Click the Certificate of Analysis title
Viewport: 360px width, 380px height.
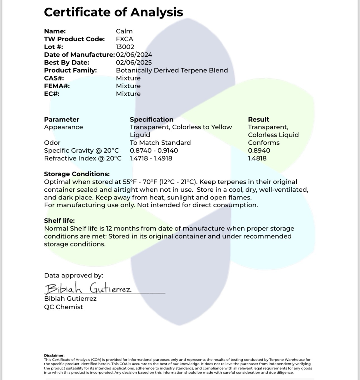point(113,12)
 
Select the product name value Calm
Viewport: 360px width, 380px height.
point(124,31)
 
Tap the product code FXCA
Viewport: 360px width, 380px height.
point(124,39)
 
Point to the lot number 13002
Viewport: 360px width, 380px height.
point(125,47)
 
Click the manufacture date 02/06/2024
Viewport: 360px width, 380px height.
point(134,55)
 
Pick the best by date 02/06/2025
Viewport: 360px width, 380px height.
point(134,63)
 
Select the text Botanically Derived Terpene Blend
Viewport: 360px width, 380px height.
point(172,70)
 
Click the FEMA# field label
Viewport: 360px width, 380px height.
point(57,86)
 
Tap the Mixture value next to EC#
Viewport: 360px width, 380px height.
point(128,94)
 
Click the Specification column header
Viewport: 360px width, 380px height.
point(152,120)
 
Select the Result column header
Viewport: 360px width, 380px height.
point(258,120)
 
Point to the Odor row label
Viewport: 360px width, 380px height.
point(52,143)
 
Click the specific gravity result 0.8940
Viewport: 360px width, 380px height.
point(259,151)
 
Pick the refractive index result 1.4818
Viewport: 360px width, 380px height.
point(257,158)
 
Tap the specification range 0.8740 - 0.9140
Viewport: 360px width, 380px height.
point(154,151)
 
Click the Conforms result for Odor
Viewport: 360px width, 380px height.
point(264,143)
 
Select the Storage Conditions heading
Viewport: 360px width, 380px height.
point(77,174)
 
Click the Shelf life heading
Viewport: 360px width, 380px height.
point(59,221)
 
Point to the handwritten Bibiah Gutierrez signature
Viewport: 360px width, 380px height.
point(88,288)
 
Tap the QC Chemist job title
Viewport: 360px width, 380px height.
point(63,307)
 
